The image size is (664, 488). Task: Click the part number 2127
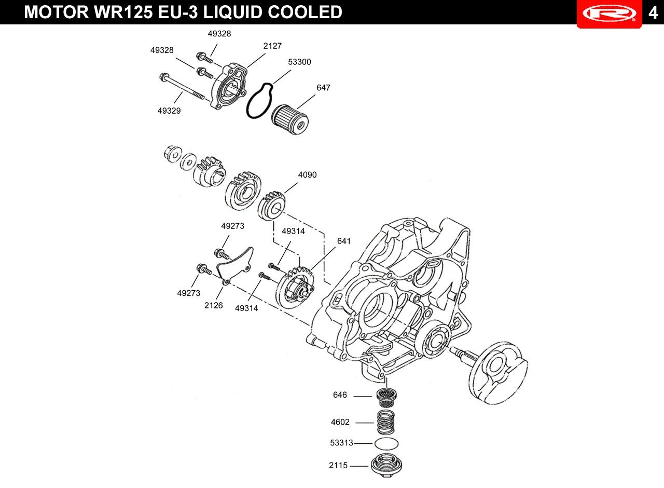click(272, 46)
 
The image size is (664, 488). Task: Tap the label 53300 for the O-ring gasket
click(299, 62)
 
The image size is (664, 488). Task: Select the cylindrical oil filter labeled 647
click(290, 120)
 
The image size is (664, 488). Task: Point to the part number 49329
click(169, 111)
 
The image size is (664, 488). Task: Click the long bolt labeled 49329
click(182, 86)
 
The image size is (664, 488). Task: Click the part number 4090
click(308, 175)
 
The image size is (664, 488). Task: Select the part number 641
click(344, 241)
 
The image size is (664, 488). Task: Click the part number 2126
click(213, 305)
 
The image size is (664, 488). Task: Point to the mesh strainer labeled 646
click(386, 398)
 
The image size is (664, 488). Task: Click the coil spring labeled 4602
click(385, 423)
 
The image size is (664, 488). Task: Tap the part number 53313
click(341, 443)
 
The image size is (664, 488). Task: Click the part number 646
click(340, 395)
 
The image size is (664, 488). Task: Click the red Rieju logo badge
click(609, 14)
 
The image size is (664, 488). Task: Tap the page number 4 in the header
click(653, 12)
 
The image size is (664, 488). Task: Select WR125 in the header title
click(123, 12)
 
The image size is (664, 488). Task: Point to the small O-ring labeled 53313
click(386, 443)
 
